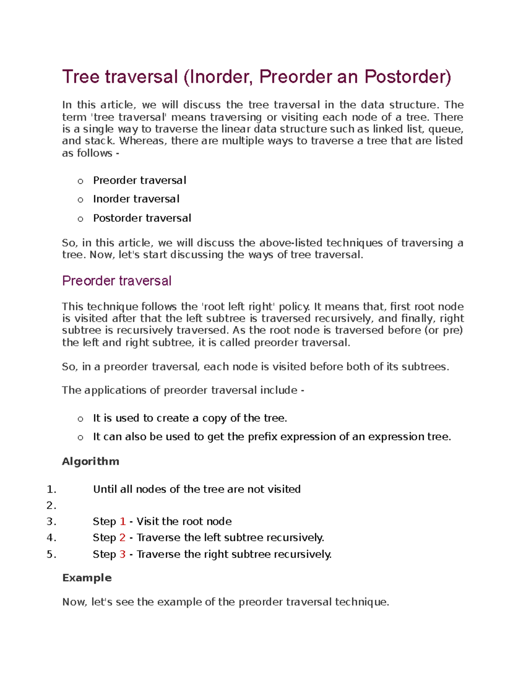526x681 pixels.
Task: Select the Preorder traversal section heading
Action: (x=117, y=281)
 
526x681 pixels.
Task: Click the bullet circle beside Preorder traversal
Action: (x=80, y=181)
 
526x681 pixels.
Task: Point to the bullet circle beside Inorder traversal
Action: (x=80, y=200)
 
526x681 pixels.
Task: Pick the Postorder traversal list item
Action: (x=142, y=218)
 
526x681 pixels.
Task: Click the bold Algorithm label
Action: (x=91, y=461)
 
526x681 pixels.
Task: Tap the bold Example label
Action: (x=87, y=578)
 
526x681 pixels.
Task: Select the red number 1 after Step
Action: (x=123, y=521)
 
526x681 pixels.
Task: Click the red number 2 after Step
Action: (x=123, y=538)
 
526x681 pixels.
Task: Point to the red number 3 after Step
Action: (x=123, y=554)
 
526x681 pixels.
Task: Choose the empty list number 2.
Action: (x=51, y=506)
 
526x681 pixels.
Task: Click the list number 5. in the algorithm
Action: (x=51, y=554)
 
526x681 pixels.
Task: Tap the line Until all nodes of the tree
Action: (x=197, y=489)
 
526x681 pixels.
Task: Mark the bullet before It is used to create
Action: (x=80, y=419)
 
